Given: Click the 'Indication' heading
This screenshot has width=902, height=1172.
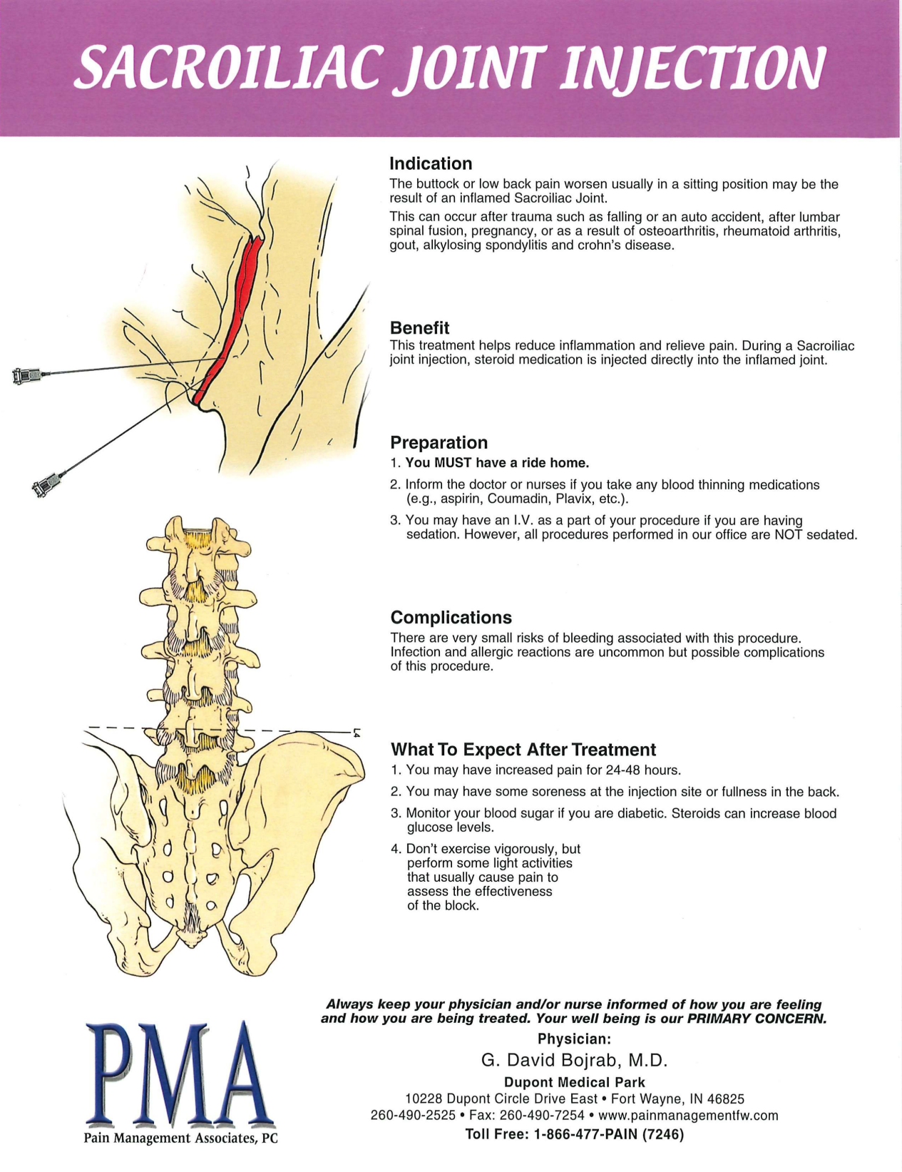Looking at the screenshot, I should [x=431, y=164].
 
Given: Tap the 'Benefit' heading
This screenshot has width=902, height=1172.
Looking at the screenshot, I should [x=419, y=328].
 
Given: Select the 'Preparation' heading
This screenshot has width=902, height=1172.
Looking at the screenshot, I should [x=439, y=442].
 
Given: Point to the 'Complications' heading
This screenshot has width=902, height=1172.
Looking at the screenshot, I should [x=451, y=617].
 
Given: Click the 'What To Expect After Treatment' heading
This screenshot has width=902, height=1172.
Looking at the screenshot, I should [x=523, y=750].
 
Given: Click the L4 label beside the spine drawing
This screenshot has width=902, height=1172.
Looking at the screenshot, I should [x=356, y=732].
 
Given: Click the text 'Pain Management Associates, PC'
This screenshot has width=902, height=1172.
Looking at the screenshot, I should [x=180, y=1138].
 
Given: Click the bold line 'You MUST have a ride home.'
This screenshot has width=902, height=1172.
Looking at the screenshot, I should [x=496, y=463].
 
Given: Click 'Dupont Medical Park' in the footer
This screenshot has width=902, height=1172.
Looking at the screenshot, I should [x=574, y=1082].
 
